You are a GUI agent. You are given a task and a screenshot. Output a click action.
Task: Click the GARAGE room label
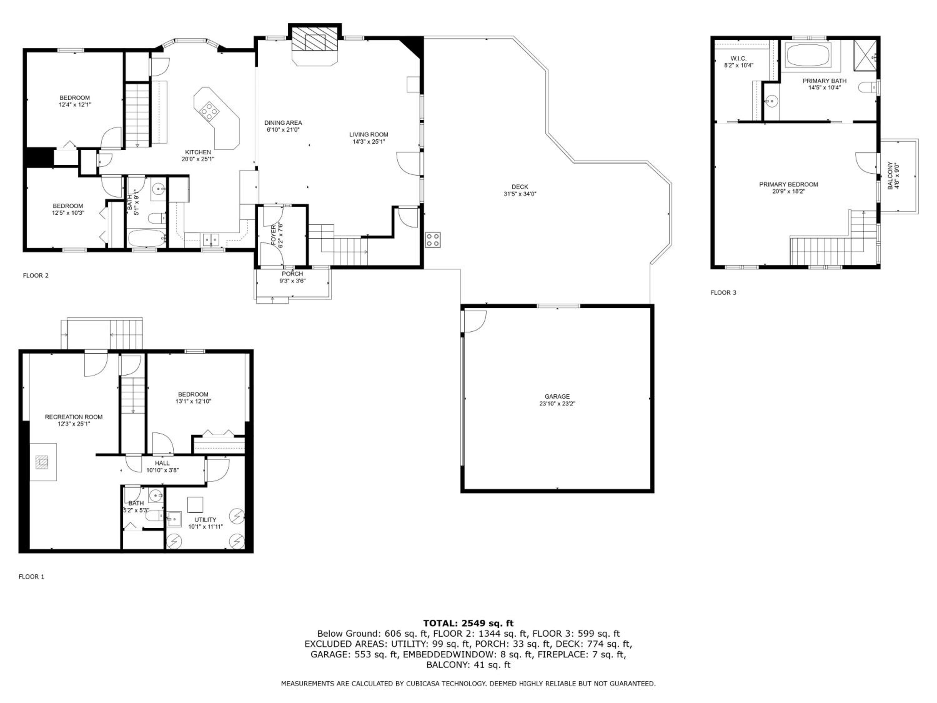click(557, 396)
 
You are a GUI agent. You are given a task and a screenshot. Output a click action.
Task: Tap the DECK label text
click(520, 187)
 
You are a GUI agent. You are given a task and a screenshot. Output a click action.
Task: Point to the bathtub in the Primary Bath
click(809, 54)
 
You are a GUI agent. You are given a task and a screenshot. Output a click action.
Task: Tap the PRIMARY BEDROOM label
click(788, 185)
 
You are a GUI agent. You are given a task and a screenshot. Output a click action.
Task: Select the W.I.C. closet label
click(739, 58)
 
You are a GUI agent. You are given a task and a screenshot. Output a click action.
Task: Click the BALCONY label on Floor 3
click(890, 175)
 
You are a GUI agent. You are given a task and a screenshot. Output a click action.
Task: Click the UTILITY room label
click(206, 520)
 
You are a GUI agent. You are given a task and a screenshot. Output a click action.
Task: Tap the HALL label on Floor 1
click(162, 463)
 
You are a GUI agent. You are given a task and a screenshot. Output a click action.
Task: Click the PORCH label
click(292, 274)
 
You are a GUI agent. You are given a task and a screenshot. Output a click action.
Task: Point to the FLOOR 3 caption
click(723, 292)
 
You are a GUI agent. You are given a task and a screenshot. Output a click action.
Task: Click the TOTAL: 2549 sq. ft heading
click(468, 623)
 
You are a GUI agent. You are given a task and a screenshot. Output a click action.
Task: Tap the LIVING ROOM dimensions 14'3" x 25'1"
click(369, 142)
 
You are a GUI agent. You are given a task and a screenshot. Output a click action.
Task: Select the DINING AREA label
click(283, 123)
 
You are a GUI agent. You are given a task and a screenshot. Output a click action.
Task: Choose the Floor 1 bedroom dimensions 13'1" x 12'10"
click(193, 401)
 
